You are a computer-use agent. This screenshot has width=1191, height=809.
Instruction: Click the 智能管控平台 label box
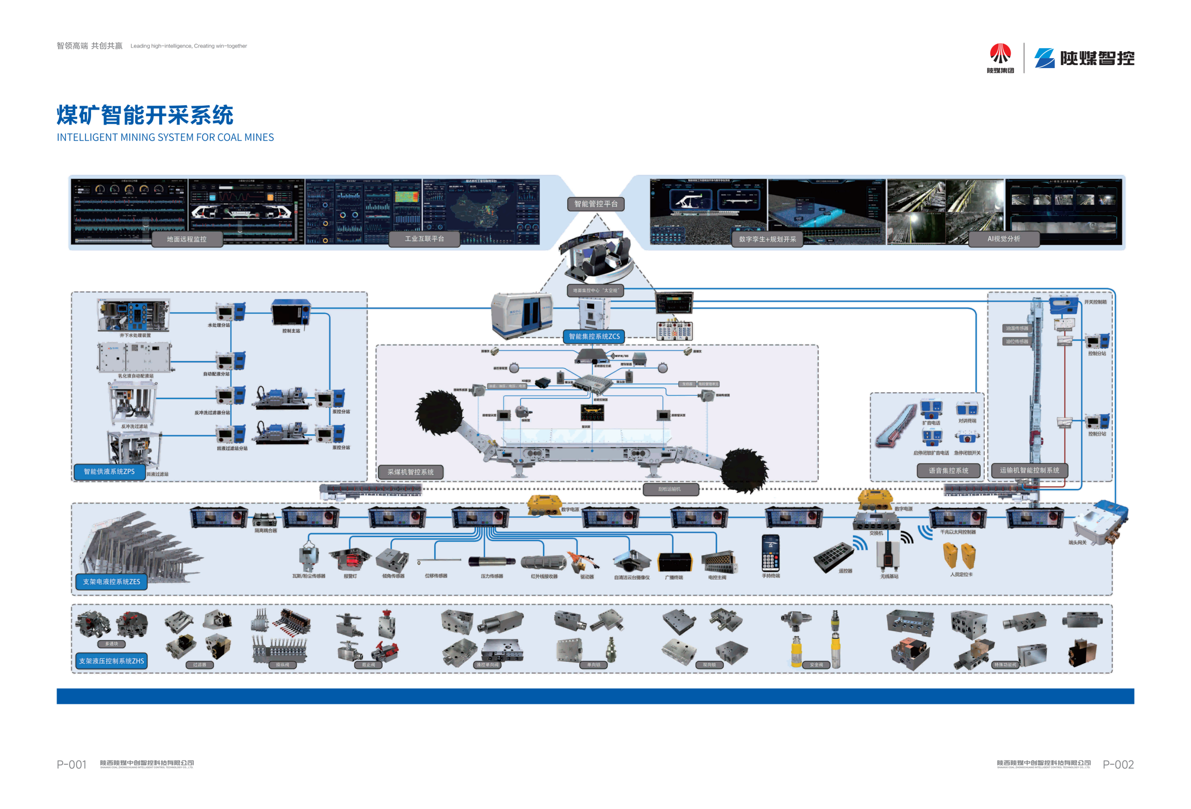(596, 204)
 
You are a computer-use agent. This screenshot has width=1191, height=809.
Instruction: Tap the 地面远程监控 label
(187, 239)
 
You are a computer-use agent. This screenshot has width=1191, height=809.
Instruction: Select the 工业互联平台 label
(425, 239)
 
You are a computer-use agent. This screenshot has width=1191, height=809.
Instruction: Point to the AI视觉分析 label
(1003, 239)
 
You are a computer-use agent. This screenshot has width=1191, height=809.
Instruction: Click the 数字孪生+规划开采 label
(767, 239)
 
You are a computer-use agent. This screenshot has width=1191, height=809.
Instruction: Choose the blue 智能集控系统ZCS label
(594, 337)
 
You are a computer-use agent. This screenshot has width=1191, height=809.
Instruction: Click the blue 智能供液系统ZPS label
(109, 472)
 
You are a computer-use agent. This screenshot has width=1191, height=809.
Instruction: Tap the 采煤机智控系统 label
(411, 472)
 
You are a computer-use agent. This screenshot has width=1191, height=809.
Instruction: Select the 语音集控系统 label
(949, 471)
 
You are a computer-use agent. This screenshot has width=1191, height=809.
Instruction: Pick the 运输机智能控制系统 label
(1029, 470)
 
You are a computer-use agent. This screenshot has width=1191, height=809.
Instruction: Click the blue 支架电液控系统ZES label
(111, 582)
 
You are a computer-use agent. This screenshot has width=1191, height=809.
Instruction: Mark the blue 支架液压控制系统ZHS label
(111, 661)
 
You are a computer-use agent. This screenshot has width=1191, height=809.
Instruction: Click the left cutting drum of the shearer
(439, 413)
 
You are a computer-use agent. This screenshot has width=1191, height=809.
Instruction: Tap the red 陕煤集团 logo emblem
(1000, 54)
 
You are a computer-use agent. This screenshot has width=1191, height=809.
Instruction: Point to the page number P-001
(71, 765)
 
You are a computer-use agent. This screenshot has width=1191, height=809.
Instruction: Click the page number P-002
(1118, 765)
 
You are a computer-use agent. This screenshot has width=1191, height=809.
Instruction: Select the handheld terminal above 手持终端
(770, 553)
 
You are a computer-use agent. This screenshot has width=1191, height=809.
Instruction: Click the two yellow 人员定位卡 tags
(959, 556)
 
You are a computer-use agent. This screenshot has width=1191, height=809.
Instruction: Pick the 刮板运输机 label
(670, 489)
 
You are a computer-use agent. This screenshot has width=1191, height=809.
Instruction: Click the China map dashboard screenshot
(481, 212)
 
